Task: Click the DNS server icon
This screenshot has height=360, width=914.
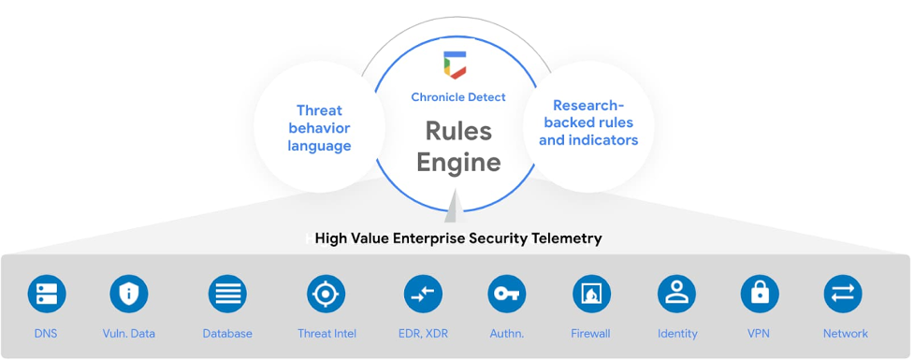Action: (46, 295)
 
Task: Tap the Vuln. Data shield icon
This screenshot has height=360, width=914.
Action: (129, 295)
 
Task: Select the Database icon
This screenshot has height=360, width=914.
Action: (227, 295)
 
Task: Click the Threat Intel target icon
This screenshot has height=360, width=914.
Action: (326, 295)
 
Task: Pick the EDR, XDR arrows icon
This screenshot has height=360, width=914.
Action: (423, 295)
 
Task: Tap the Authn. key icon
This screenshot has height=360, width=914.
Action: (507, 295)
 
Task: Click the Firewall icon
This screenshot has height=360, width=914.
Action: (591, 295)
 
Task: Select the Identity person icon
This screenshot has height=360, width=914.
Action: (676, 295)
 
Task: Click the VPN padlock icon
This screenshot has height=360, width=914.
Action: (760, 295)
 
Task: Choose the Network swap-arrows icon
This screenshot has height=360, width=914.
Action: (843, 295)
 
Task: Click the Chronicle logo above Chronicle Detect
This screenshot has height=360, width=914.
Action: (458, 65)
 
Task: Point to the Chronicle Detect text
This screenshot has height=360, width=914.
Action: (458, 97)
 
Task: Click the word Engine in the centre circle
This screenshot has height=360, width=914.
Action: (458, 162)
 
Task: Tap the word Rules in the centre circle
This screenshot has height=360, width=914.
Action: (458, 131)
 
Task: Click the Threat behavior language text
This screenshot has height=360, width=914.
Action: (319, 128)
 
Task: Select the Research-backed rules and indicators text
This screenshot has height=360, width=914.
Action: (588, 122)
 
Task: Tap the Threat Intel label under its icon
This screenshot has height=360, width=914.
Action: (326, 334)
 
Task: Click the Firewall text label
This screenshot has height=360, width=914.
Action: (590, 334)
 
